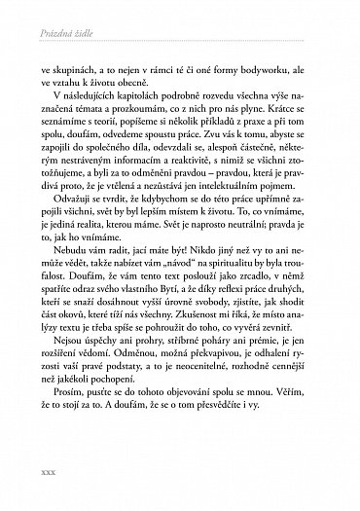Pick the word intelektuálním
212,192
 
